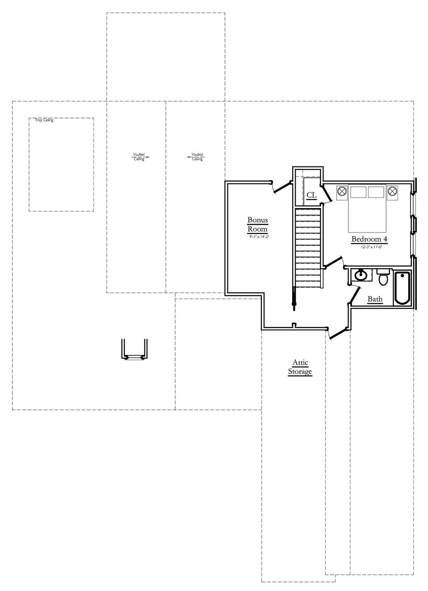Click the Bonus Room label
tap(257, 224)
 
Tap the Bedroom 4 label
tap(369, 239)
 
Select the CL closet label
tap(311, 195)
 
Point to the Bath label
tap(375, 299)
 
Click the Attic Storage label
tap(300, 367)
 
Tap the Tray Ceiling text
tap(45, 120)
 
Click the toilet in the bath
tap(383, 278)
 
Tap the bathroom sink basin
tap(361, 275)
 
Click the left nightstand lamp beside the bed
tap(341, 191)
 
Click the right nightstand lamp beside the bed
tap(393, 191)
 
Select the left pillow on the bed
tap(359, 192)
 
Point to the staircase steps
tap(308, 249)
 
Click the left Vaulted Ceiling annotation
tap(139, 157)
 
